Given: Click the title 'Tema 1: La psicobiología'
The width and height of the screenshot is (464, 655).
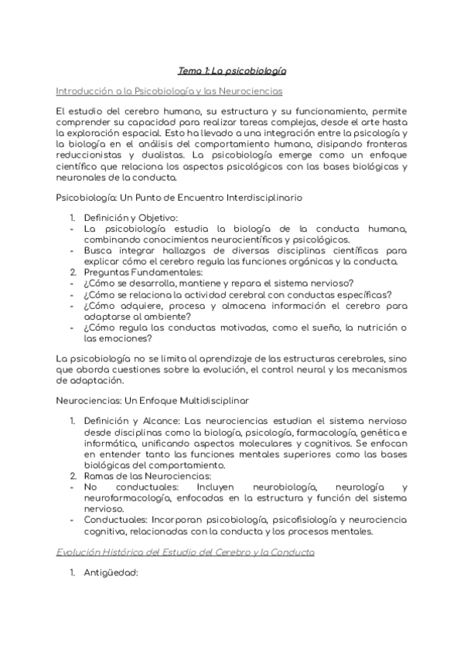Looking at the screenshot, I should tap(232, 70).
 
